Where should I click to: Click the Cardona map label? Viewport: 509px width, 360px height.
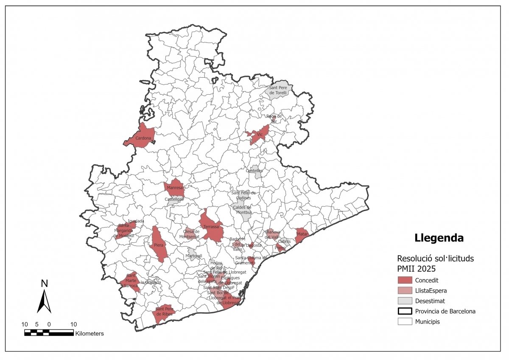[x=143, y=138]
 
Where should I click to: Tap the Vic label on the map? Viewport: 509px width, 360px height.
[x=260, y=135]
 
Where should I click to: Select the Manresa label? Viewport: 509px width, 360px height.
[x=174, y=188]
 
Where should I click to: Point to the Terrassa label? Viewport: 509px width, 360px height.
[x=211, y=227]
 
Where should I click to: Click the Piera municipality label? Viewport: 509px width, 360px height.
[x=159, y=245]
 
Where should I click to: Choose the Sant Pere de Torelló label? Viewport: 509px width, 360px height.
[x=278, y=90]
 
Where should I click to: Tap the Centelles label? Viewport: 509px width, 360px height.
[x=255, y=171]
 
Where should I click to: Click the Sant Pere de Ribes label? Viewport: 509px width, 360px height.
[x=164, y=311]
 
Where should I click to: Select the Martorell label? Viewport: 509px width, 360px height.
[x=193, y=256]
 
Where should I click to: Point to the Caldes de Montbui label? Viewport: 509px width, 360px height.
[x=242, y=209]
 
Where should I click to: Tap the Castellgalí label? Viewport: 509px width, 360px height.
[x=174, y=199]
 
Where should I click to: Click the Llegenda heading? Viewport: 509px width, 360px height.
[x=439, y=238]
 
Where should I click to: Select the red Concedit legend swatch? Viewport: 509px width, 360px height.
[x=405, y=280]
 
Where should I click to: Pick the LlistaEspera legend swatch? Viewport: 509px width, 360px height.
[x=405, y=290]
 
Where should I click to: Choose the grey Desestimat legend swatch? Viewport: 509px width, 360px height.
[x=405, y=301]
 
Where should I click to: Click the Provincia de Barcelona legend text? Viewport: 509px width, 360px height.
[x=445, y=311]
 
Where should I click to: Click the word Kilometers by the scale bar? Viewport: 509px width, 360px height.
[x=89, y=334]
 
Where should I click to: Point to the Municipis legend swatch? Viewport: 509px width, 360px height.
[x=405, y=321]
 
